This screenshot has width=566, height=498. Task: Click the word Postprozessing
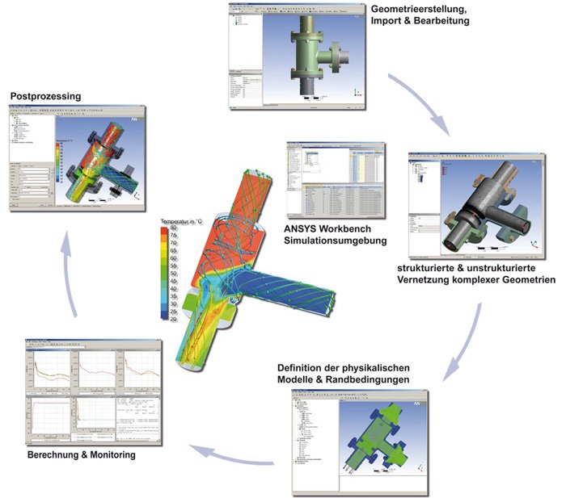click(x=45, y=96)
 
